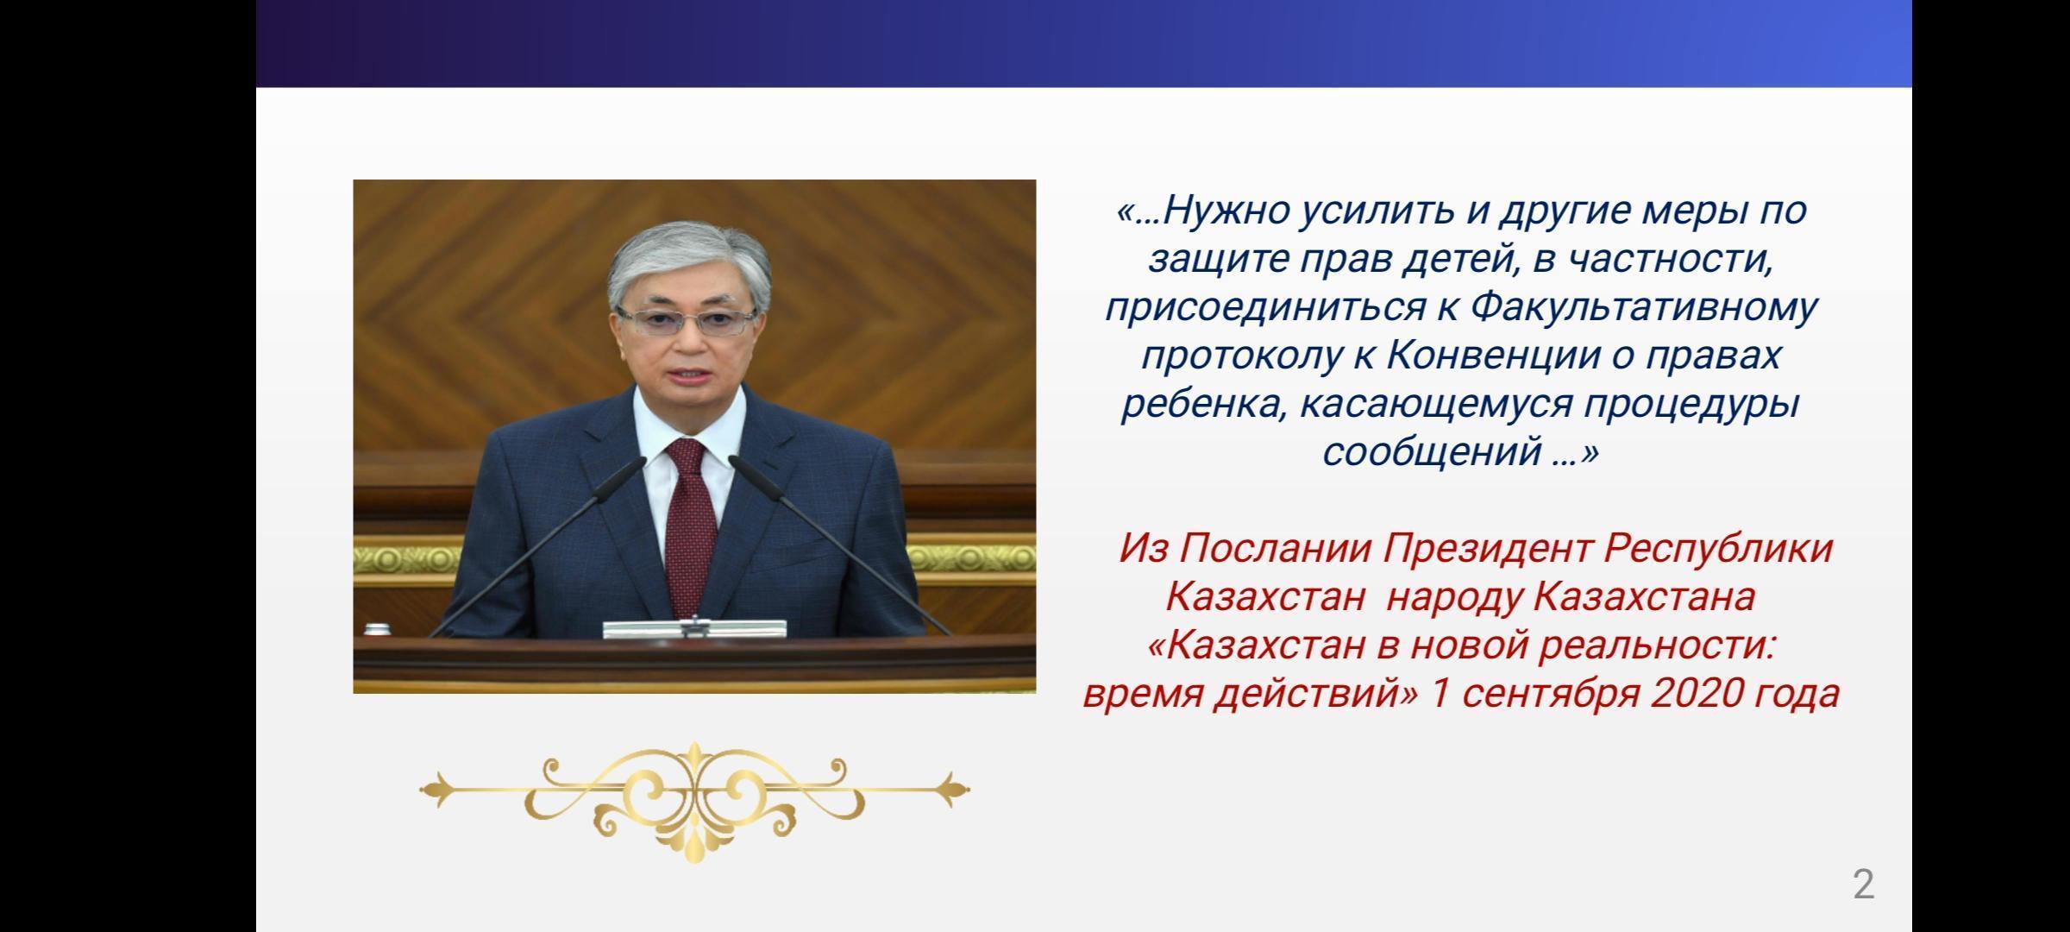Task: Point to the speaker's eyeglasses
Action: [x=687, y=322]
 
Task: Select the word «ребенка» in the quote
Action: [x=1201, y=404]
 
